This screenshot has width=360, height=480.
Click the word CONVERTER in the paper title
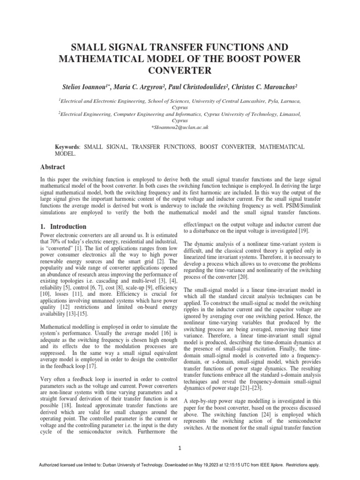(x=180, y=71)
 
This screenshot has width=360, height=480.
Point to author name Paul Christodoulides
(x=207, y=88)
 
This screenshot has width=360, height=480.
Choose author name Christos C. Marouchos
(x=267, y=88)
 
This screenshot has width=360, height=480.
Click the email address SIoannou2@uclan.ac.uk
(x=180, y=127)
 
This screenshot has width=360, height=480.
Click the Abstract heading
(x=52, y=167)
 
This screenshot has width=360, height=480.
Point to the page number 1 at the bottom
(x=180, y=448)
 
